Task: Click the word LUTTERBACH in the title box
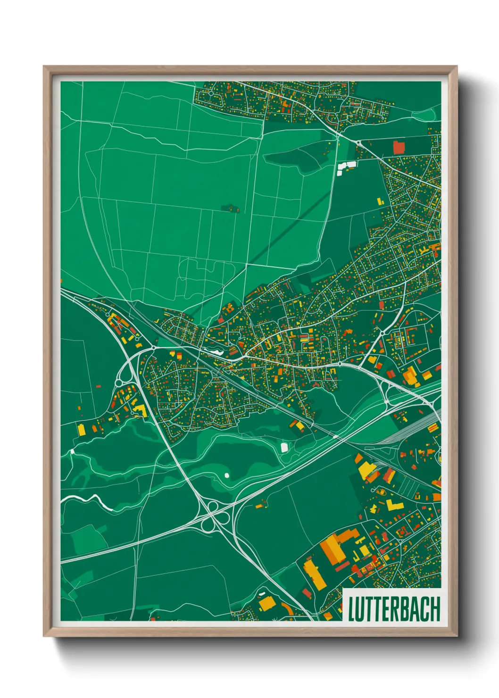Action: click(x=394, y=609)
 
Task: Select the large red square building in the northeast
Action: click(x=399, y=147)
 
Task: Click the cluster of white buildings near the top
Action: click(x=347, y=166)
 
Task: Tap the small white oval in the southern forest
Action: click(x=227, y=475)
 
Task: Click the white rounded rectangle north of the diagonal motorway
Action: click(x=284, y=447)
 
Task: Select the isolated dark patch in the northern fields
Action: click(x=231, y=208)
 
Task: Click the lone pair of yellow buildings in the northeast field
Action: click(x=380, y=202)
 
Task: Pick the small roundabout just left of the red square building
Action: click(x=358, y=142)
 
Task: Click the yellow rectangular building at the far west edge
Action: click(x=82, y=430)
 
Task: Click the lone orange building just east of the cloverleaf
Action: click(x=259, y=507)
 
